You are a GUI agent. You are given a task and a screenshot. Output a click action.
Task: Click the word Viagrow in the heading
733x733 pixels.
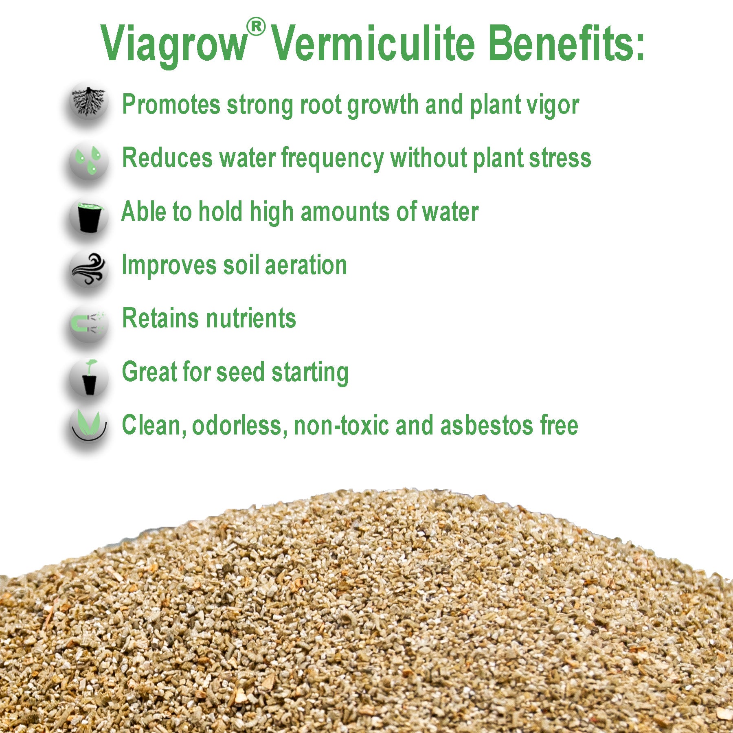coord(174,44)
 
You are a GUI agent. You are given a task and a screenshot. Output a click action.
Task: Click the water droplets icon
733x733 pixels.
coord(89,160)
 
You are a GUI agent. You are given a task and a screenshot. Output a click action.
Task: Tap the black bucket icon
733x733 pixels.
coord(89,216)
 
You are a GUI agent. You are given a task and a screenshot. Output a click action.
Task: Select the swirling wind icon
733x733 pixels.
coord(89,269)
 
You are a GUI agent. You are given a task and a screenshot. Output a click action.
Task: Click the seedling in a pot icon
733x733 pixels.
coord(90,377)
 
